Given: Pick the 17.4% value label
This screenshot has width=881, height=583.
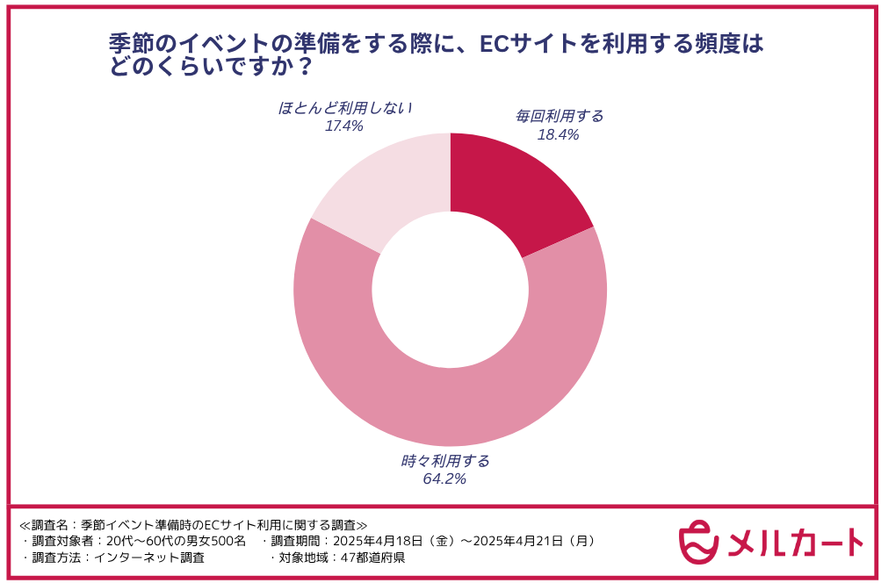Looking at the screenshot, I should coord(344,126).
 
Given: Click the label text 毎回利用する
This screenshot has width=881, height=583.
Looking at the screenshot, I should coord(560,116).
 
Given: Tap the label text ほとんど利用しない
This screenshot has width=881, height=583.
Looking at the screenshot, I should coord(345,108).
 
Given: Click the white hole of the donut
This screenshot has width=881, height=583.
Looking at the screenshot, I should coord(450,290).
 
